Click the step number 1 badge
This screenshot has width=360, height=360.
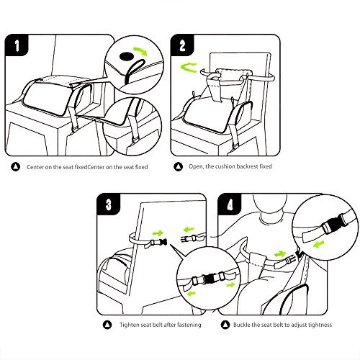tap(17, 45)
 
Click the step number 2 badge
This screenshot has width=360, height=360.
tap(182, 45)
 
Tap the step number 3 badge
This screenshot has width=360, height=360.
tap(108, 204)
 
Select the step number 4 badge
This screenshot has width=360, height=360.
tap(230, 204)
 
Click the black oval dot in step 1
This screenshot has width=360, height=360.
tap(127, 56)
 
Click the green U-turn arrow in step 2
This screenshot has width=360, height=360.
tap(189, 68)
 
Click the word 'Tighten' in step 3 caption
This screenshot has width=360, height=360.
tap(130, 325)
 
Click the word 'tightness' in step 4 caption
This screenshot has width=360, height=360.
tap(320, 325)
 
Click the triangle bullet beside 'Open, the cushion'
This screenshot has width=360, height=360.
tap(178, 166)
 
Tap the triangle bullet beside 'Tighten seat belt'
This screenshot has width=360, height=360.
tap(107, 325)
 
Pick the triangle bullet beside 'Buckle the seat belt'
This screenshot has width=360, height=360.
tap(225, 325)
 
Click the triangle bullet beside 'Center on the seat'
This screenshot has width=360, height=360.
tap(16, 167)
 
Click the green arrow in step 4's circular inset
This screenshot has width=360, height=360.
tap(319, 245)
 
